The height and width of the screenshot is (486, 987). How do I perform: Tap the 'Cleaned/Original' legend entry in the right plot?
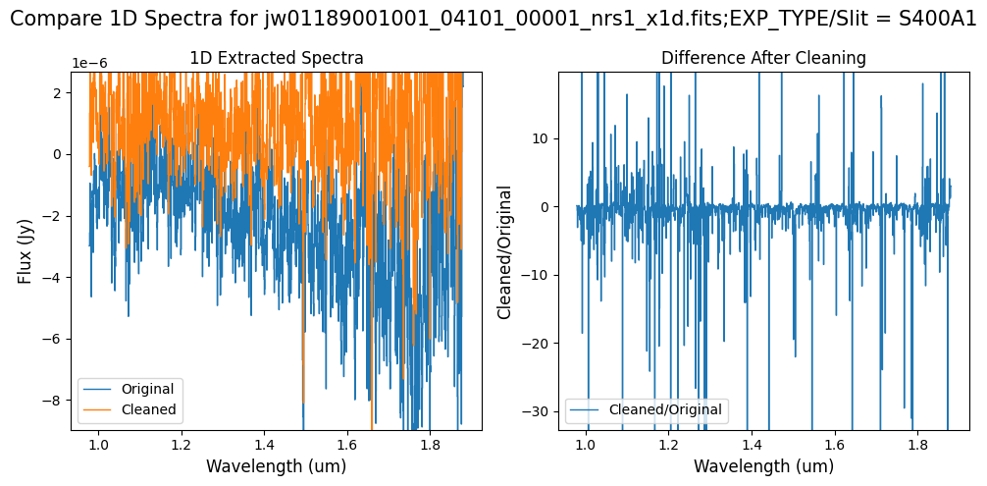[x=664, y=409]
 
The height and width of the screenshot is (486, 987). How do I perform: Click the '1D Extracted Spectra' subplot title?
[x=276, y=59]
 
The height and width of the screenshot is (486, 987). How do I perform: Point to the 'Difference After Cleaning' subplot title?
[x=763, y=59]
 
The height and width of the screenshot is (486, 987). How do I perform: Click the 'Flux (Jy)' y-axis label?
[x=26, y=250]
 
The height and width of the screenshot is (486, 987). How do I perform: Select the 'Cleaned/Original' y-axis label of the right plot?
[x=506, y=250]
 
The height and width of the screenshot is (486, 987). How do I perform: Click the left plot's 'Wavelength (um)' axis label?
[x=276, y=466]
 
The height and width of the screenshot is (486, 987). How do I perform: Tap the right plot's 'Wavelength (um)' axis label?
[x=763, y=466]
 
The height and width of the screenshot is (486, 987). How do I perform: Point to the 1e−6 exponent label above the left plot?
[x=89, y=64]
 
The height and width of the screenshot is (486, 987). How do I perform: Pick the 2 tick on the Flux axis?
[x=59, y=92]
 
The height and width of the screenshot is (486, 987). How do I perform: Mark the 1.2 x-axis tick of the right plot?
[x=668, y=444]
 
